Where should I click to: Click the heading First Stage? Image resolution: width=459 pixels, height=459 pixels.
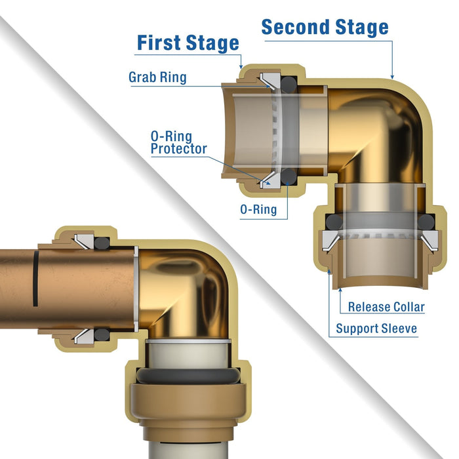click(x=188, y=43)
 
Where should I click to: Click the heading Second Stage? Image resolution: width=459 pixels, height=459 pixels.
click(x=325, y=28)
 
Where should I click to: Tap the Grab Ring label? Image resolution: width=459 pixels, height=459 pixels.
click(x=157, y=77)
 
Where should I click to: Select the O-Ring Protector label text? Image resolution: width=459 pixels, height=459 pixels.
click(x=178, y=142)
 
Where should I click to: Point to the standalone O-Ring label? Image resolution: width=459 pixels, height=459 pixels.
click(x=257, y=210)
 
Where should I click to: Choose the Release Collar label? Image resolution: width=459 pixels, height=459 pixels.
click(x=386, y=306)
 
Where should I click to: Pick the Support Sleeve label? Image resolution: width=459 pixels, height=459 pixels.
click(x=376, y=328)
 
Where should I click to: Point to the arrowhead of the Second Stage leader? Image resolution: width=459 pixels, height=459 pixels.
click(x=392, y=77)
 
